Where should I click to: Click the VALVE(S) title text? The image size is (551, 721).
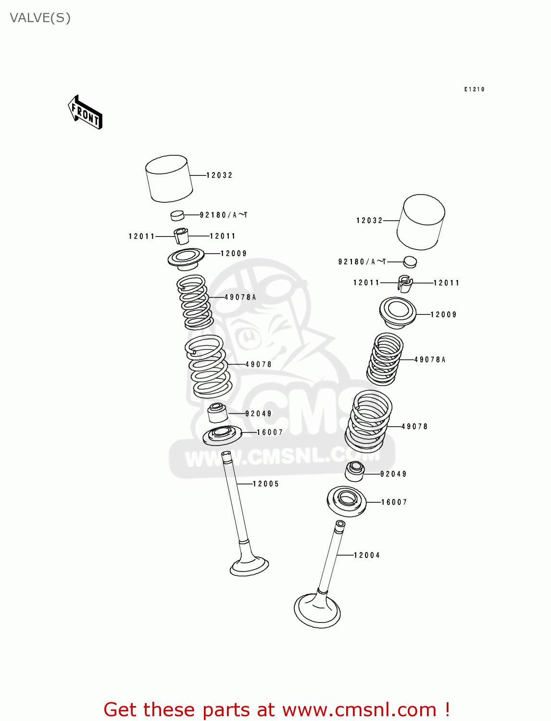[40, 18]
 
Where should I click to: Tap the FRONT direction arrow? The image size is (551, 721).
[85, 113]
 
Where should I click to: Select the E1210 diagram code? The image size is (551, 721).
[474, 89]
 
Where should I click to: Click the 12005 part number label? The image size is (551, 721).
[266, 484]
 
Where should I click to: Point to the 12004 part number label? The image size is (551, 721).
[367, 555]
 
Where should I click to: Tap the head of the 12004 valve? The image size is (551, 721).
[317, 611]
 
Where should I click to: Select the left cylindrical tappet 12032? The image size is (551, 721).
[169, 178]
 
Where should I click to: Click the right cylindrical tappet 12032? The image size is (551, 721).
[421, 222]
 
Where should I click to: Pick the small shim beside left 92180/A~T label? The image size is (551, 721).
[177, 215]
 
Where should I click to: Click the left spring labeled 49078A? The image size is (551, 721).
[195, 302]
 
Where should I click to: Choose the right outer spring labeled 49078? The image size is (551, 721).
[368, 422]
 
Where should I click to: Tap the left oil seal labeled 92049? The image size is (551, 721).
[217, 413]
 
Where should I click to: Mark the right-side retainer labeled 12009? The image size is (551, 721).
[397, 312]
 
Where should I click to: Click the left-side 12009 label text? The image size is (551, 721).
[234, 253]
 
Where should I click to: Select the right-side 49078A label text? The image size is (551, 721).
[430, 360]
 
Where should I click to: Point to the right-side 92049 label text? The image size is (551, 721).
[393, 474]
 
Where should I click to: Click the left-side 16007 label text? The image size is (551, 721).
[270, 432]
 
